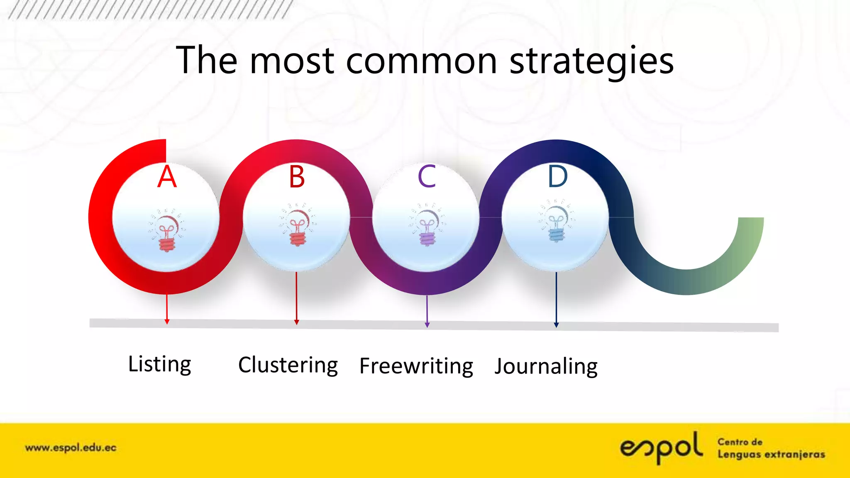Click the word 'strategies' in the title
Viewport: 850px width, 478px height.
[x=591, y=61]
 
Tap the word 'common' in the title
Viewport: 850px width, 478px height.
[x=421, y=61]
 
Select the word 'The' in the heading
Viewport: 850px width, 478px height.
[x=207, y=61]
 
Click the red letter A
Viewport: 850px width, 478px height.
[x=167, y=177]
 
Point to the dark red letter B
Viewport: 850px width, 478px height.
[x=297, y=177]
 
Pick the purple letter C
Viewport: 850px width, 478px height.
[x=427, y=177]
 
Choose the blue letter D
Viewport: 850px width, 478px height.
[x=557, y=177]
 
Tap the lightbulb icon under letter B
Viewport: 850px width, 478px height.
[x=297, y=226]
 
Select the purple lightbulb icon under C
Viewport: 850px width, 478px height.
[x=427, y=226]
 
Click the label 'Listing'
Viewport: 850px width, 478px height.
[x=160, y=364]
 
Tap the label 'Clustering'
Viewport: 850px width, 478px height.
[x=288, y=366]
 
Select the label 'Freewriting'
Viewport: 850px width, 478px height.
[x=416, y=366]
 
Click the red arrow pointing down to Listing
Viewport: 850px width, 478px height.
[x=167, y=309]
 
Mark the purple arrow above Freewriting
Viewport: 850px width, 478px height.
[x=427, y=311]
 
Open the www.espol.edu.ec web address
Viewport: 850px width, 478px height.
[x=71, y=448]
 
